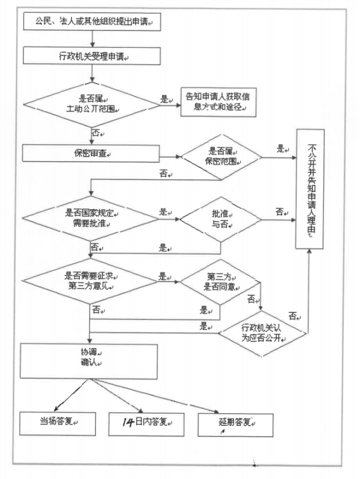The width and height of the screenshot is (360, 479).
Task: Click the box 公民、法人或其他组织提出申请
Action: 92,21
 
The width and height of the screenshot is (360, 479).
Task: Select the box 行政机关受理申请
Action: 92,56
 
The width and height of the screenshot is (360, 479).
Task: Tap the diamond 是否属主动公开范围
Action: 92,105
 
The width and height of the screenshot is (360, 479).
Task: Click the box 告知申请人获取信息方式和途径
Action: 218,102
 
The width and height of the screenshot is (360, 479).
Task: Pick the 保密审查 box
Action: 91,153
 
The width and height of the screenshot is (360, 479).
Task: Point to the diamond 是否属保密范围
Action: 221,157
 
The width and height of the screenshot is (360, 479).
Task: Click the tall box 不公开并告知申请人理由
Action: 309,189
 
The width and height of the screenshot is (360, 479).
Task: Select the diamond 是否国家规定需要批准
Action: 90,218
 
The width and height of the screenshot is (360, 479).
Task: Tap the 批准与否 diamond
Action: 221,219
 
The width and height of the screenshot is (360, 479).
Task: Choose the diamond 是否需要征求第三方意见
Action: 90,281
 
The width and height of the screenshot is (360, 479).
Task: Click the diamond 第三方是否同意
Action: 220,282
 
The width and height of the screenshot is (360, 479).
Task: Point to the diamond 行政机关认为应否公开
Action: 262,333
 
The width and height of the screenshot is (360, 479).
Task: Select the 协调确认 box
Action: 88,361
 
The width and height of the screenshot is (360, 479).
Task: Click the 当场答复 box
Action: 57,423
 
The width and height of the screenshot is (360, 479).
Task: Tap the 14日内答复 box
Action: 146,424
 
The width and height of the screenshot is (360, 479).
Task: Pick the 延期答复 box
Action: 236,425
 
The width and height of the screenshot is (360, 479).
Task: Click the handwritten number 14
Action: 128,422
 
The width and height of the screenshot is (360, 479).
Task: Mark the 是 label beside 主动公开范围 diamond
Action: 165,99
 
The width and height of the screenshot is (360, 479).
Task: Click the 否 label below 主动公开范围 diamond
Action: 96,133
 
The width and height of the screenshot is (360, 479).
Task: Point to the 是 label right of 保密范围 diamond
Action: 281,149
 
